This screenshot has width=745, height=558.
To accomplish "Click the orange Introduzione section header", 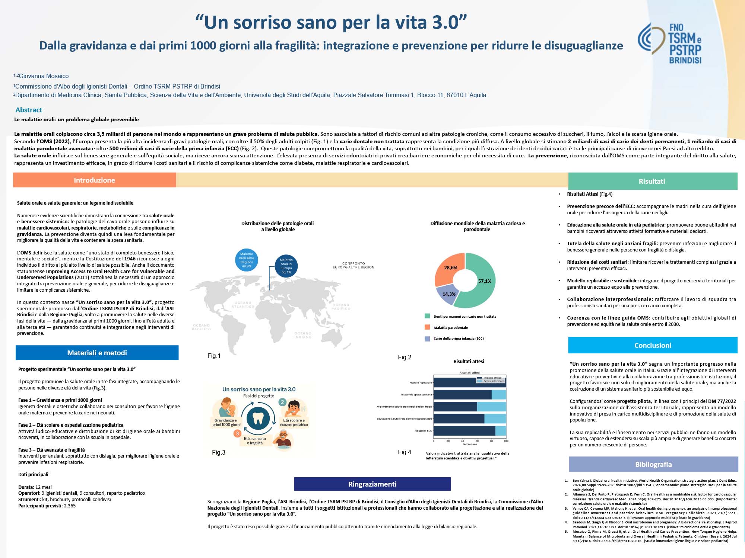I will (94, 180).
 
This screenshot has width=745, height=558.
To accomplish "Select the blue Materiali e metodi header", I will (97, 353).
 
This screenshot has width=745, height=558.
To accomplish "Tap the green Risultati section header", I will (652, 181).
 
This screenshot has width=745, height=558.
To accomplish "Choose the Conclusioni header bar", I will (653, 345).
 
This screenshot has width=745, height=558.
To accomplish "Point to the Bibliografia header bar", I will (653, 464).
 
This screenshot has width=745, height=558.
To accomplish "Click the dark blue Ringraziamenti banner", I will (372, 484).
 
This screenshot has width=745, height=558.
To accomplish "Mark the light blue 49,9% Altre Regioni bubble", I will (246, 260).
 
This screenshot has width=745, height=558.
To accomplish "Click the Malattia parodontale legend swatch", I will (427, 327).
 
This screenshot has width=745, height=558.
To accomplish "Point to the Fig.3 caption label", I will (219, 452).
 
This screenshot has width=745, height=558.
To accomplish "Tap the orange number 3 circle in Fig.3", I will (237, 433).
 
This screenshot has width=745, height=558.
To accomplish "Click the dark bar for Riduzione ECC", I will (464, 431).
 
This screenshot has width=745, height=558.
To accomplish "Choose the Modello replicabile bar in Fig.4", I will (469, 382).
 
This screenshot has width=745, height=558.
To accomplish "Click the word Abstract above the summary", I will (29, 110).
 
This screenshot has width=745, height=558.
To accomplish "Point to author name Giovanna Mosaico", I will (44, 76).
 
